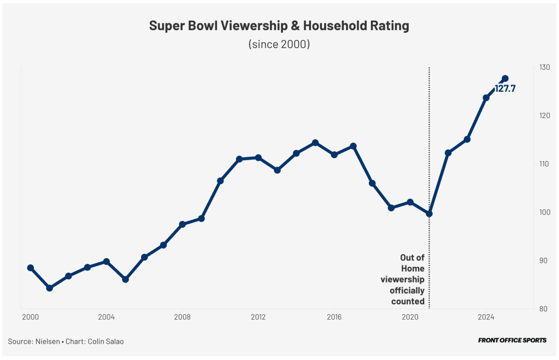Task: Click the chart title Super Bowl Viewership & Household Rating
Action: coord(279,26)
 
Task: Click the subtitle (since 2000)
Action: coord(279,44)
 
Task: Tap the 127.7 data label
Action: coord(505,88)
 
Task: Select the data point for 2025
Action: coord(505,79)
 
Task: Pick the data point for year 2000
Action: coord(31,268)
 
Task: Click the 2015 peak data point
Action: coord(315,143)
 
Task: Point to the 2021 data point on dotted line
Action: coord(429,214)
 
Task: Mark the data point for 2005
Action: coord(125,279)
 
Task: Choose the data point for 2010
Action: coord(220,181)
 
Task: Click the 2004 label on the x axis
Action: coord(106,317)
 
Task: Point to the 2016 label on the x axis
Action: coord(334,317)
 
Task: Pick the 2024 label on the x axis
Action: coord(486,317)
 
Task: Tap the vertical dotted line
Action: coord(429,137)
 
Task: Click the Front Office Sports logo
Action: coord(512,340)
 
